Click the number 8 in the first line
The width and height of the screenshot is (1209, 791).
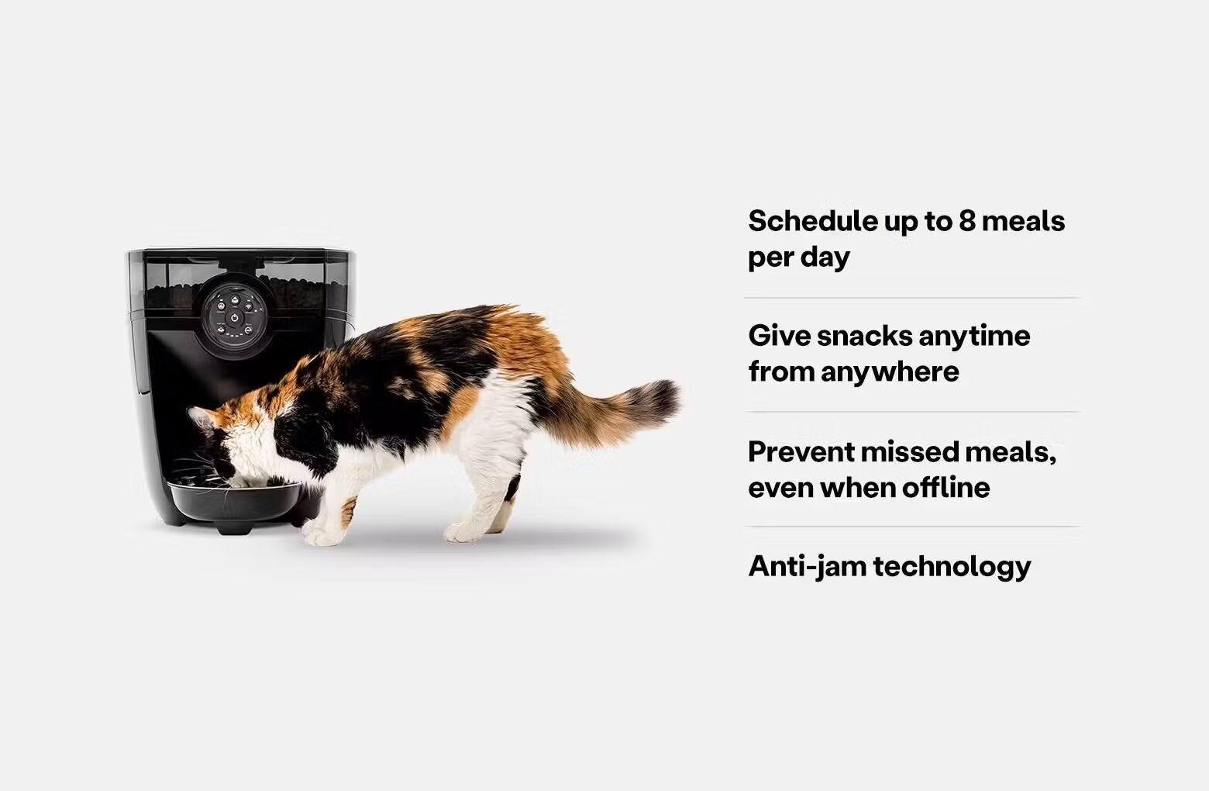pyautogui.click(x=967, y=222)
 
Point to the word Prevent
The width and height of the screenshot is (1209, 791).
pyautogui.click(x=800, y=451)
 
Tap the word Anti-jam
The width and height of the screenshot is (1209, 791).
pyautogui.click(x=807, y=566)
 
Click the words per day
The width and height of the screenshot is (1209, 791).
pyautogui.click(x=798, y=257)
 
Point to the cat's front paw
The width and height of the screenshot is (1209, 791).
pyautogui.click(x=319, y=534)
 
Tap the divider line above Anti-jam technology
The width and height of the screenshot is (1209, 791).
pyautogui.click(x=911, y=527)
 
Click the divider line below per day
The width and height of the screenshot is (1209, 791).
pyautogui.click(x=911, y=298)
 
